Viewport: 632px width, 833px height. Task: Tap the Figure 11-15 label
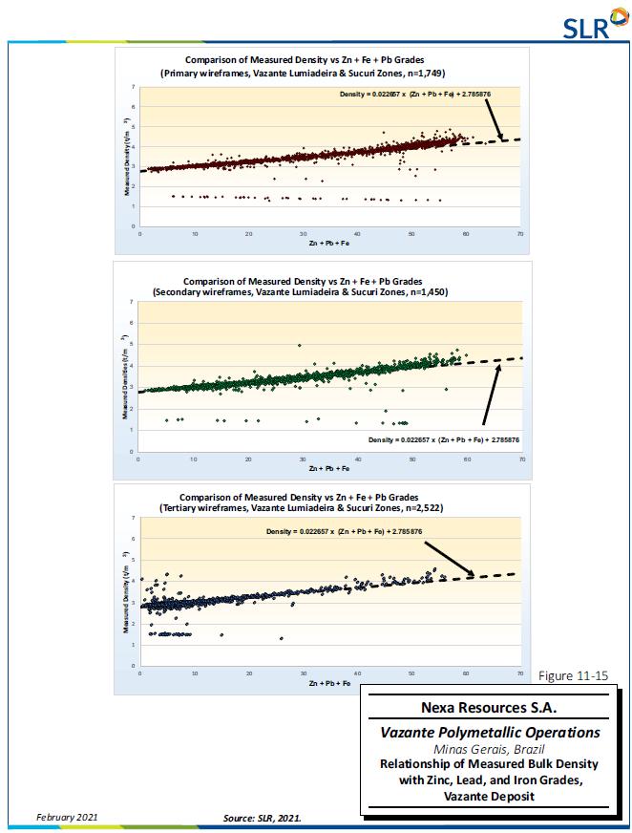tap(573, 676)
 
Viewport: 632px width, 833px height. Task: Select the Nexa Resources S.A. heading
tap(490, 709)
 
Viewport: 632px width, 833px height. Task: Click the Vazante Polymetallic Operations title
tap(490, 733)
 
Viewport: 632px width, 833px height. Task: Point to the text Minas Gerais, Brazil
tap(490, 749)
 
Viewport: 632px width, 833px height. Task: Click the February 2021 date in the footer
tap(67, 817)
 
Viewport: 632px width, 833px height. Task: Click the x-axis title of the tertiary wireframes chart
tap(329, 684)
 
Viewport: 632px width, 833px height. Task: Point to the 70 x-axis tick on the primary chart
tap(519, 234)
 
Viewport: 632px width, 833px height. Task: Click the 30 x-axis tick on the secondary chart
tap(303, 459)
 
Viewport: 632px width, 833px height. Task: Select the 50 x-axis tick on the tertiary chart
tap(412, 674)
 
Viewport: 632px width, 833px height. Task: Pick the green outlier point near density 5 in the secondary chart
tap(300, 345)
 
